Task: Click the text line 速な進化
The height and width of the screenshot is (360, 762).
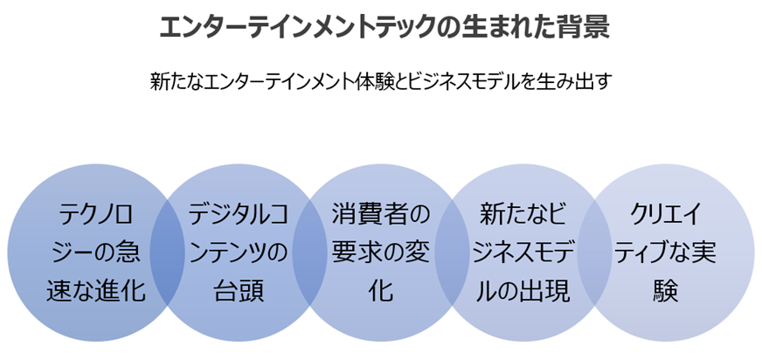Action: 95,291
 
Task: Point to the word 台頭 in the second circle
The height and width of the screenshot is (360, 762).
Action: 239,291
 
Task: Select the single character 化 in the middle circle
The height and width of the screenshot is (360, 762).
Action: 381,291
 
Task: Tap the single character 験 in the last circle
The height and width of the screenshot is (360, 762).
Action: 667,291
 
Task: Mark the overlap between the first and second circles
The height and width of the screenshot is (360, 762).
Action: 167,252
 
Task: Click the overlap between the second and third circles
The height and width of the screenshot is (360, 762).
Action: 309,252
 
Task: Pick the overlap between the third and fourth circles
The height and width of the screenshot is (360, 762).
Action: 453,252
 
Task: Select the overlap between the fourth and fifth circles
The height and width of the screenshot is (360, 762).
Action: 595,252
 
